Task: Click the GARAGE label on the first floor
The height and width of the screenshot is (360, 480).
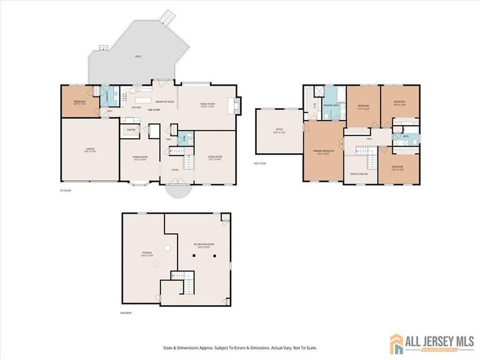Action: (x=90, y=149)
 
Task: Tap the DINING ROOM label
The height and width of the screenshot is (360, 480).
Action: (x=140, y=157)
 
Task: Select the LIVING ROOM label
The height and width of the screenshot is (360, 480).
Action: (x=215, y=157)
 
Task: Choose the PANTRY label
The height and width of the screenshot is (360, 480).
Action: (x=131, y=130)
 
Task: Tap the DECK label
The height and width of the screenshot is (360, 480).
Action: (x=137, y=56)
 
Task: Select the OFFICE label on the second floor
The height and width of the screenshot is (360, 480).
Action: (x=279, y=130)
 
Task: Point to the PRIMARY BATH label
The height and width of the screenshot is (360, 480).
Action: (x=331, y=106)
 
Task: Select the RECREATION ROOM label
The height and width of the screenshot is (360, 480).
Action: (x=200, y=246)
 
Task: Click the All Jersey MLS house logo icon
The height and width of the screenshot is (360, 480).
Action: (x=396, y=343)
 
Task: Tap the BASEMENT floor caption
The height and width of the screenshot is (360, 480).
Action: (x=126, y=313)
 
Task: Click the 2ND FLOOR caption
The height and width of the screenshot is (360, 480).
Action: (x=260, y=163)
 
